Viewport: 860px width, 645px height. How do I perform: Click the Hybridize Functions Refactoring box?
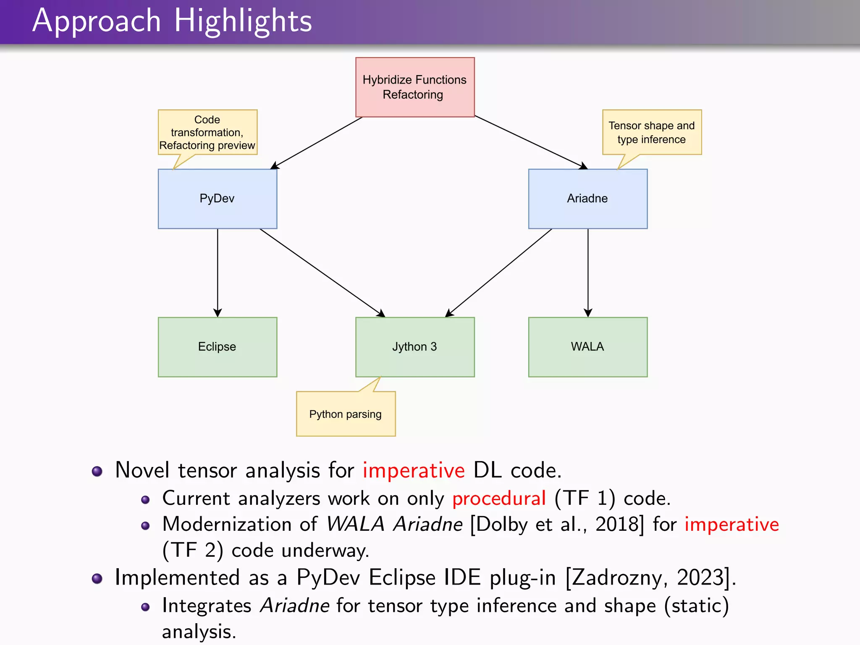[415, 87]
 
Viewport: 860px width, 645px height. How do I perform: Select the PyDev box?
[217, 199]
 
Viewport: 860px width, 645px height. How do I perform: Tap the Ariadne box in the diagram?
[587, 199]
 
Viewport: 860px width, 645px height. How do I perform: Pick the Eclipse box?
[217, 347]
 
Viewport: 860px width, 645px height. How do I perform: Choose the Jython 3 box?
[415, 347]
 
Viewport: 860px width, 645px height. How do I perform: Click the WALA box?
[587, 347]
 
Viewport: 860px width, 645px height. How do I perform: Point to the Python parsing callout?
[346, 414]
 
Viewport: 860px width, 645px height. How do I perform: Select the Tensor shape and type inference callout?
[651, 132]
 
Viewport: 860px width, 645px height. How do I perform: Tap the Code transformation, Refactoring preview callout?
[207, 132]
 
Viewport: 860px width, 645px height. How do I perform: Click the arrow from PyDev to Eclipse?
[218, 273]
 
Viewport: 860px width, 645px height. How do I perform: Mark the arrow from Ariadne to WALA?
[588, 273]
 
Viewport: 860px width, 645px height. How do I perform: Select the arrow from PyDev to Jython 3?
[322, 273]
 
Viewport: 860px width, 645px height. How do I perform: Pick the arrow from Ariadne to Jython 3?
[499, 273]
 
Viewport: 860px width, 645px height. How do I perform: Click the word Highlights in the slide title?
[243, 21]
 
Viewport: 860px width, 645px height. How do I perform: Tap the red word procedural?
[499, 498]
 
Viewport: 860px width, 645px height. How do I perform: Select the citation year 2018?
[616, 524]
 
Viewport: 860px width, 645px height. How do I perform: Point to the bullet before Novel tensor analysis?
[97, 471]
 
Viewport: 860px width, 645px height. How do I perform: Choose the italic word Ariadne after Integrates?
[294, 606]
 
